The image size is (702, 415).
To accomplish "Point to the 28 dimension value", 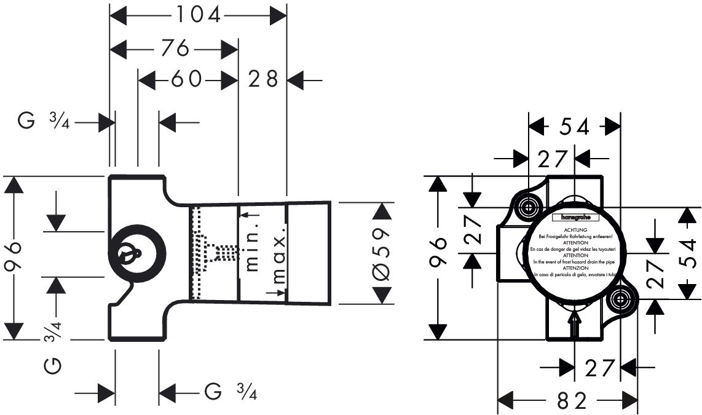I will pos(264,79).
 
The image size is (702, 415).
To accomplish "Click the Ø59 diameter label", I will pos(381,253).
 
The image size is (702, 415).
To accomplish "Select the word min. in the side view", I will pos(251,242).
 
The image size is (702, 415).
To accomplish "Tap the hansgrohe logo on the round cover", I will pos(573,218).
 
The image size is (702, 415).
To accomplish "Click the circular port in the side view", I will pos(136,253).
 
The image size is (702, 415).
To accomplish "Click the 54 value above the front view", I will pos(574,127).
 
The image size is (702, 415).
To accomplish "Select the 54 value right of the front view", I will pos(690,253).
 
